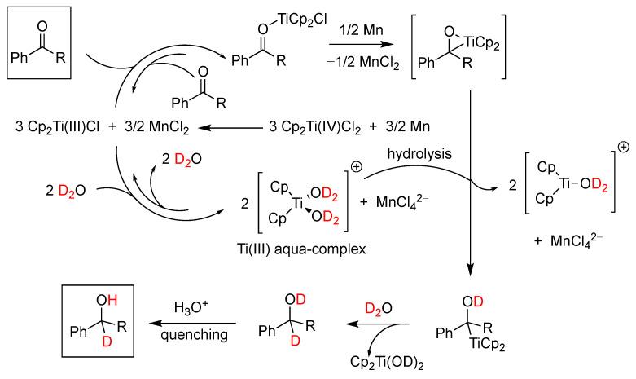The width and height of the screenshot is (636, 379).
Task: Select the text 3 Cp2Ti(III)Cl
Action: pos(60,127)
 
